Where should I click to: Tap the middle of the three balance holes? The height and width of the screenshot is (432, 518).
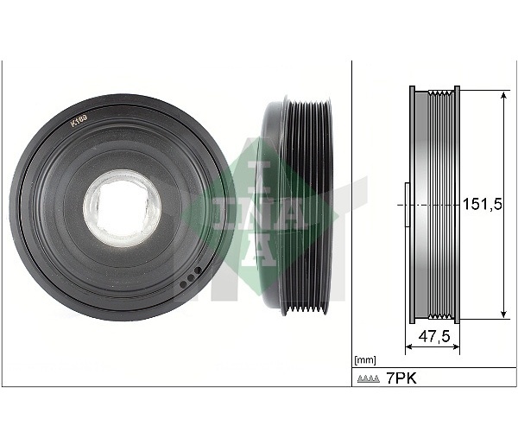click(191, 278)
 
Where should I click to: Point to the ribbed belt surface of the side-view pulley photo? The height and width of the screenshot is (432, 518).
click(307, 206)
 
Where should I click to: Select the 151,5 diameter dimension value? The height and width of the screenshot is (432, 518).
click(483, 205)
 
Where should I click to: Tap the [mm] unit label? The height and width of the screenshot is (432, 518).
click(365, 360)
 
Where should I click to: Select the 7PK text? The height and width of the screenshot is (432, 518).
click(401, 378)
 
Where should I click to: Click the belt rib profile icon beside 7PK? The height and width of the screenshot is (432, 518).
click(369, 378)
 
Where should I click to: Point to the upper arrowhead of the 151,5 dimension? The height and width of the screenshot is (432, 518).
click(503, 96)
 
